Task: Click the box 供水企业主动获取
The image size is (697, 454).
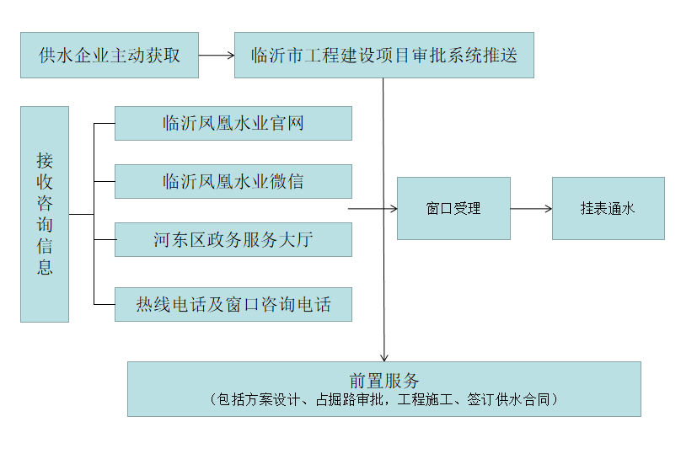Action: click(x=110, y=56)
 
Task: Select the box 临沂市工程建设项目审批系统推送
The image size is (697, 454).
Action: click(x=383, y=56)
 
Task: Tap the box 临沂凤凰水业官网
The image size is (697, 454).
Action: click(x=233, y=123)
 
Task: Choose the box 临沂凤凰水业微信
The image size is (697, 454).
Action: click(x=233, y=181)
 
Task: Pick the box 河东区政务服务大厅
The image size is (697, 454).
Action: click(x=233, y=239)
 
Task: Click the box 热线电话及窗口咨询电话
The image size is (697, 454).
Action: click(x=233, y=304)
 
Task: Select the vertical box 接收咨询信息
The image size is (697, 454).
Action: click(x=45, y=214)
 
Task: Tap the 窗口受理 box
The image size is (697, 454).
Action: click(x=453, y=208)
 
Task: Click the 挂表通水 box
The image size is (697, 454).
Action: click(x=608, y=208)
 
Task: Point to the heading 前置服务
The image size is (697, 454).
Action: click(x=383, y=380)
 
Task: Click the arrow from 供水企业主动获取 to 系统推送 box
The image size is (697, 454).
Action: click(x=216, y=56)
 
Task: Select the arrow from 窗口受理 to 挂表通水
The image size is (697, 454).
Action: click(x=531, y=208)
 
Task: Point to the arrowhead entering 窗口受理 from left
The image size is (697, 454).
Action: click(x=393, y=208)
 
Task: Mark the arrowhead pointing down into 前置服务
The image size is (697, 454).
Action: click(x=384, y=357)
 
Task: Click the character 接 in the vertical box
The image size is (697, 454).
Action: click(x=45, y=160)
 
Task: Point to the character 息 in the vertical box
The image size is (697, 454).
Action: click(x=45, y=268)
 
